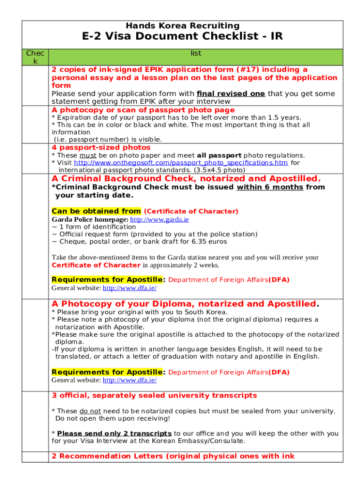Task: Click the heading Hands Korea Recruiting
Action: tap(182, 25)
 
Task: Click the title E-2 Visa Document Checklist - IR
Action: tap(182, 37)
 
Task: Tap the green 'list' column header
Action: tap(196, 54)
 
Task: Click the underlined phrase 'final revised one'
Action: tap(231, 93)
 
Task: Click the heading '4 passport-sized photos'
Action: tap(101, 148)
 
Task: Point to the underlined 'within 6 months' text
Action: tap(270, 187)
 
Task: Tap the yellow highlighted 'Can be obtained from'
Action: tap(96, 211)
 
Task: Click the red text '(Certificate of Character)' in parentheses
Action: tap(191, 211)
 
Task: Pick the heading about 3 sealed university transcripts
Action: tap(154, 395)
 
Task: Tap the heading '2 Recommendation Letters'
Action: tap(173, 456)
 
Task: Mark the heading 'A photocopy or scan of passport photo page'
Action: tap(143, 110)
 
